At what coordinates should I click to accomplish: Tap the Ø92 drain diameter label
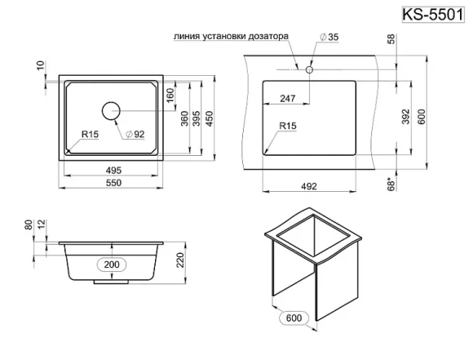pos(135,134)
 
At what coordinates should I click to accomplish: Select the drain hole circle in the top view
pos(111,110)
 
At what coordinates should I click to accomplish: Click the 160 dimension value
pos(170,95)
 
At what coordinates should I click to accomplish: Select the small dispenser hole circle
pos(309,69)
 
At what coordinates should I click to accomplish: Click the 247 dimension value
pos(287,98)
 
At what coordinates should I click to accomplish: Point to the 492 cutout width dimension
pos(308,186)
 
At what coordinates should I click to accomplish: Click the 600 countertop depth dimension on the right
pos(422,116)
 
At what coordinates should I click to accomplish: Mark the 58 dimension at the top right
pos(394,41)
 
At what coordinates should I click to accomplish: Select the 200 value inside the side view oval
pos(113,264)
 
